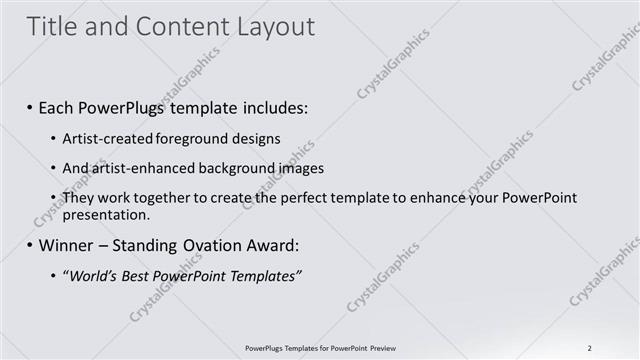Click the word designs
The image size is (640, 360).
pos(255,138)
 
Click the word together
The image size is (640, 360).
pos(166,198)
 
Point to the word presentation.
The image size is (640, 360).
pos(107,214)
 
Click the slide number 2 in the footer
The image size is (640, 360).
pos(590,347)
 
